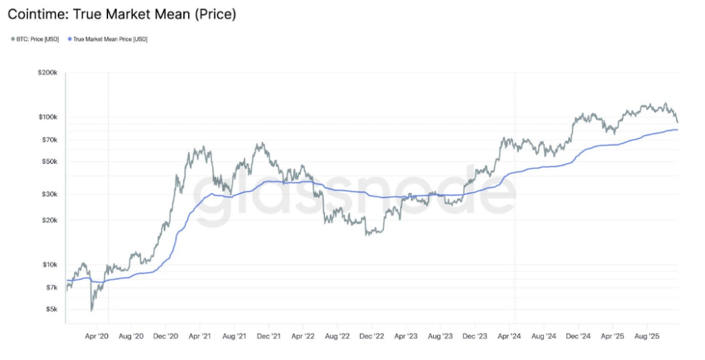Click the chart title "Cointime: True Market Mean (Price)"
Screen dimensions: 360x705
pos(122,14)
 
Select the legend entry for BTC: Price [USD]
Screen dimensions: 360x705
pos(36,39)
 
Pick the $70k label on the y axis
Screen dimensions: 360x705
pos(51,140)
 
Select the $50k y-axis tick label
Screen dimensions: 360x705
pos(51,162)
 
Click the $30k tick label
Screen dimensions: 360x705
pos(51,194)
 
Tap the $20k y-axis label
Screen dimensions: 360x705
pos(51,220)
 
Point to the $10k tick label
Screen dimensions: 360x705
pos(51,265)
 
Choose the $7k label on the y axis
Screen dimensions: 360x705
pos(52,287)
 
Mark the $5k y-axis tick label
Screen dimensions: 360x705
pos(52,309)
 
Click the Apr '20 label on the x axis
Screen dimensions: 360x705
pos(96,337)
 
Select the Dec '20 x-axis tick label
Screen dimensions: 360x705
pos(165,337)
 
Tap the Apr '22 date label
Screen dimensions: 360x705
pos(303,337)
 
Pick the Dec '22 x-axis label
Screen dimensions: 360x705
pos(372,337)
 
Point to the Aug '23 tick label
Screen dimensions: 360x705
pos(440,337)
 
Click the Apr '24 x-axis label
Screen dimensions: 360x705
pos(511,337)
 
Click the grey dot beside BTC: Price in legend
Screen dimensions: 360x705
pos(12,39)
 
